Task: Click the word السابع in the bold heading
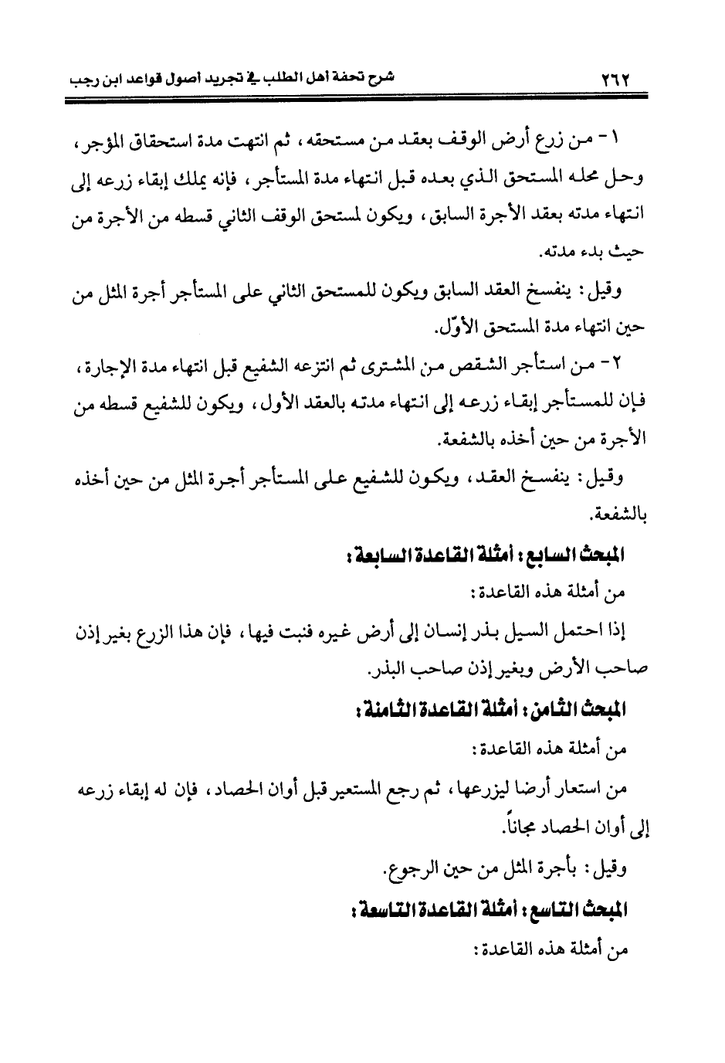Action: (x=567, y=555)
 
